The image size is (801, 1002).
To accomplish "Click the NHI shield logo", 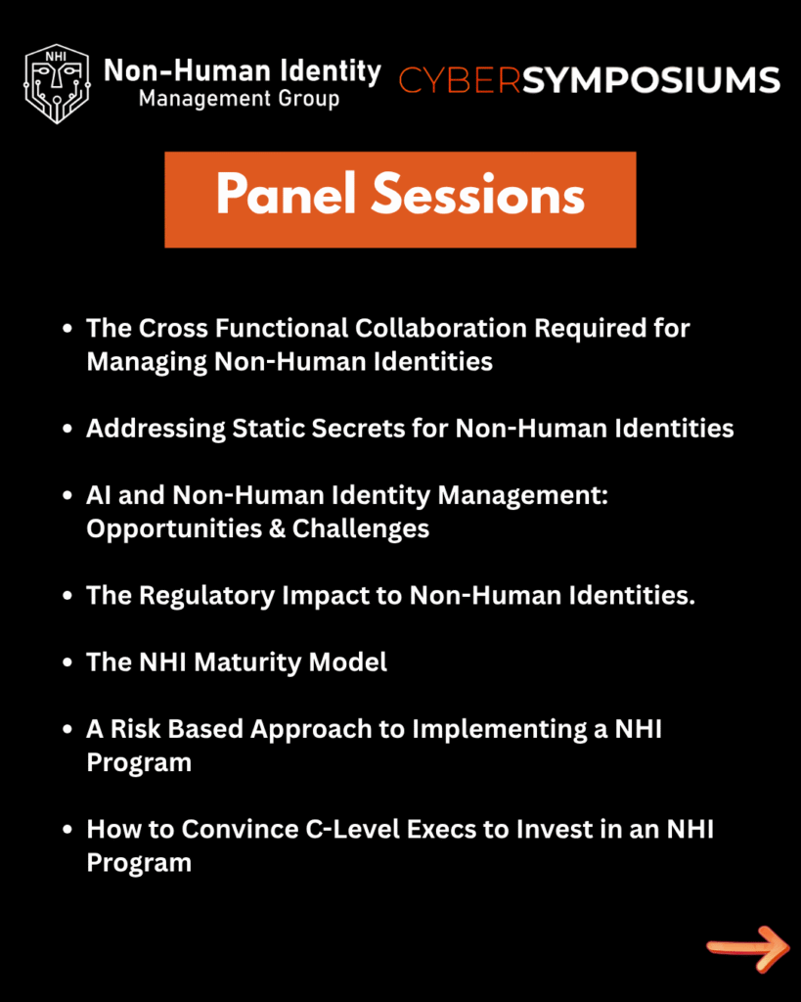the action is pyautogui.click(x=57, y=84).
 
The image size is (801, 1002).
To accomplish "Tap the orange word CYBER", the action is pyautogui.click(x=460, y=80).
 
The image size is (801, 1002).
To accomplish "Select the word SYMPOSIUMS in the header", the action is pyautogui.click(x=651, y=80).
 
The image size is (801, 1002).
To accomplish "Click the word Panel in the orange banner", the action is pyautogui.click(x=286, y=194).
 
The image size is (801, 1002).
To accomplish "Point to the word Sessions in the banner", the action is pyautogui.click(x=478, y=194).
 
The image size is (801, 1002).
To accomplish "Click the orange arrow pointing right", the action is pyautogui.click(x=748, y=948).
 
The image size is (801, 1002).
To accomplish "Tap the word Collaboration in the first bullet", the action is pyautogui.click(x=441, y=328).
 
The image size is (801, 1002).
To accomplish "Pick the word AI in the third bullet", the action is pyautogui.click(x=99, y=495).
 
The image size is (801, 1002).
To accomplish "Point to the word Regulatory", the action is pyautogui.click(x=206, y=596).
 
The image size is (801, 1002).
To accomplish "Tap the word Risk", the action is pyautogui.click(x=135, y=729).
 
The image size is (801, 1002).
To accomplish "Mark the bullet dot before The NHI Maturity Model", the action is pyautogui.click(x=67, y=662).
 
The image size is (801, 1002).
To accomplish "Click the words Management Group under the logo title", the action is pyautogui.click(x=239, y=99).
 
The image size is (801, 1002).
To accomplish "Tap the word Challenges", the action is pyautogui.click(x=360, y=528).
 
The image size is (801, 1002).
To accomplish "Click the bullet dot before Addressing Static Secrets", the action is pyautogui.click(x=67, y=429).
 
